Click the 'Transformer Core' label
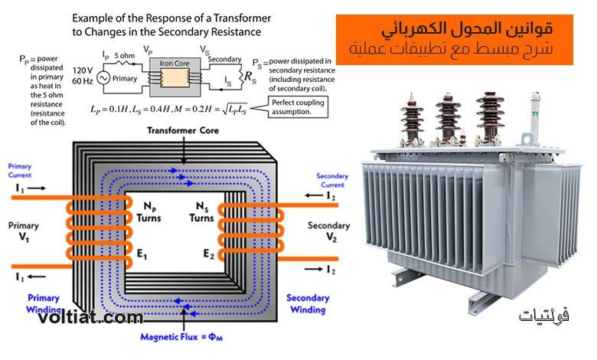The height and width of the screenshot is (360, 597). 183,130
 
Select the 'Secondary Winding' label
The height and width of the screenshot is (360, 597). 308,303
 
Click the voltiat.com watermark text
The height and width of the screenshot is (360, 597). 90,316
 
